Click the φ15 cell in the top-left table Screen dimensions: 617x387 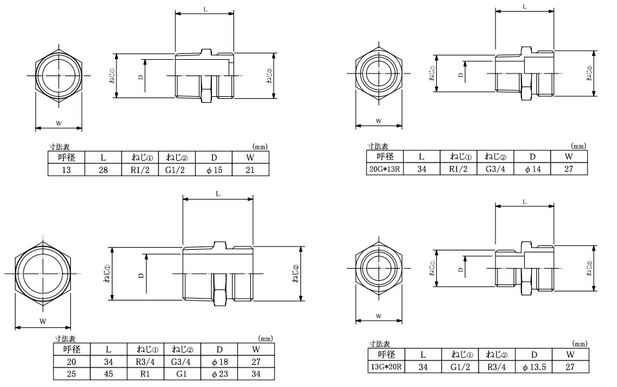pos(214,170)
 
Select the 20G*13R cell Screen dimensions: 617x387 pos(385,169)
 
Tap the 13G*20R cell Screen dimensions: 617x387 pos(386,367)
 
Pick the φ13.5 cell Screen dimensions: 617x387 pos(534,367)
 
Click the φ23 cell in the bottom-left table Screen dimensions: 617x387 pos(219,374)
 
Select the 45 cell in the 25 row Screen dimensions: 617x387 pos(108,374)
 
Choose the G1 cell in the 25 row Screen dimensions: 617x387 pos(182,374)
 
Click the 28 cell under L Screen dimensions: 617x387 pos(103,170)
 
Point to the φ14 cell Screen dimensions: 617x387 pos(532,169)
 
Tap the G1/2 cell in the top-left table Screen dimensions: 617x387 pos(177,170)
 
